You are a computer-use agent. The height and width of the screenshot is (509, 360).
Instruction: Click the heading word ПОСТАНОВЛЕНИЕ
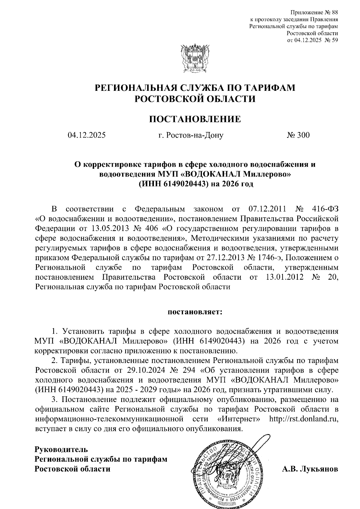tap(195, 119)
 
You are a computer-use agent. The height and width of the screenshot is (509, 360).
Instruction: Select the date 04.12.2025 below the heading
tap(87, 135)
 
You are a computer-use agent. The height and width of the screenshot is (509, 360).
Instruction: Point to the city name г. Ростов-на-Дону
tap(191, 135)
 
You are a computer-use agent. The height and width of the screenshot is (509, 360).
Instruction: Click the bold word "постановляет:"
tap(195, 312)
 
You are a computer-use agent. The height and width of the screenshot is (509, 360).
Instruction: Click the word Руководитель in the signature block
tap(61, 449)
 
